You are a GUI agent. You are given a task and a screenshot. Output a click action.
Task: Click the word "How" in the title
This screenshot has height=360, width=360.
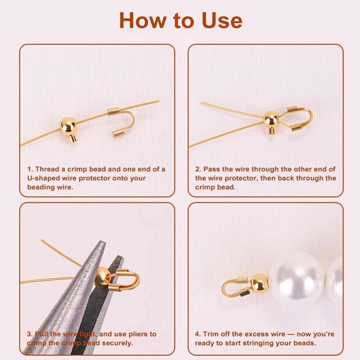tap(143, 21)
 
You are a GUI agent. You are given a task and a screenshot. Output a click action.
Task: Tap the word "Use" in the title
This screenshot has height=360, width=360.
tap(222, 21)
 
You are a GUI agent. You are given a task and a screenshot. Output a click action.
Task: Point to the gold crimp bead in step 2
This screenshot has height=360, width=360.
tap(271, 122)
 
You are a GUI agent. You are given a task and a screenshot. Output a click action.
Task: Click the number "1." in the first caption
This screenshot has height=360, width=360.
tap(30, 169)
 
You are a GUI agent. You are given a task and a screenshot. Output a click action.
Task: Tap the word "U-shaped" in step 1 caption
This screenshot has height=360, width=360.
tap(44, 178)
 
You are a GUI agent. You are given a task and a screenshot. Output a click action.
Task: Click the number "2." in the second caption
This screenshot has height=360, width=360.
tap(198, 169)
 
